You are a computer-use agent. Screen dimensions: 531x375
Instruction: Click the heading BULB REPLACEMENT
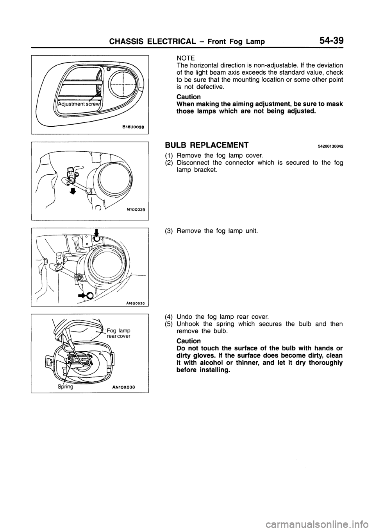(x=207, y=145)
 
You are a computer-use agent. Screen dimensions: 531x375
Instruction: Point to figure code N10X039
(x=136, y=210)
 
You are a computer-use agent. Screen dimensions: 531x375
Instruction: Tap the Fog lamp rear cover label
(x=118, y=332)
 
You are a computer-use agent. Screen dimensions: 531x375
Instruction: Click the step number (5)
(x=170, y=324)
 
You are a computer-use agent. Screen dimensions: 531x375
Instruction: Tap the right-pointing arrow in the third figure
(x=83, y=295)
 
